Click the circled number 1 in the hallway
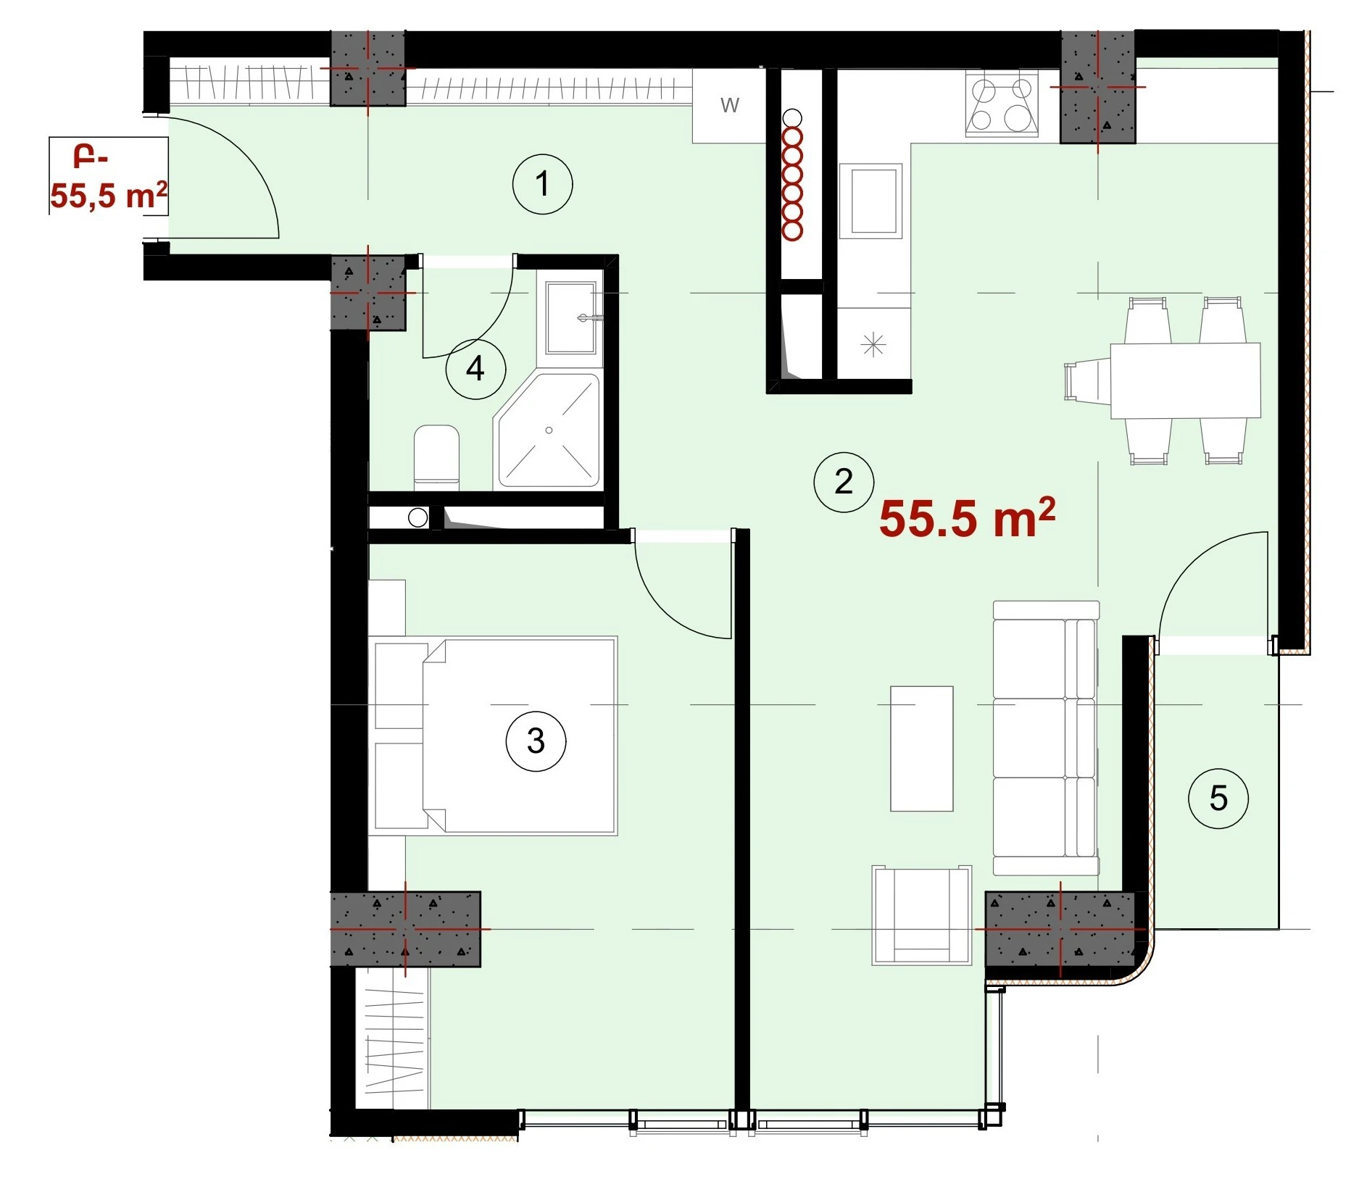[x=542, y=184]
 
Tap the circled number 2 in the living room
[x=844, y=482]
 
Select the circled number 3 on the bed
[x=536, y=741]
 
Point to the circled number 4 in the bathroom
[x=475, y=369]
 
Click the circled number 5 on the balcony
[x=1218, y=799]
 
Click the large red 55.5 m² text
[x=967, y=518]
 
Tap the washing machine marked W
[x=729, y=106]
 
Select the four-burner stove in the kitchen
[x=1002, y=104]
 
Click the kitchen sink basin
[x=871, y=201]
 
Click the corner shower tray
[x=548, y=430]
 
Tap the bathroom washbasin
[x=571, y=317]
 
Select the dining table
[x=1185, y=380]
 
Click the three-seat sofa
[x=1046, y=738]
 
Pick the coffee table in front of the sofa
[x=921, y=748]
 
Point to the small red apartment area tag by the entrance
[x=109, y=177]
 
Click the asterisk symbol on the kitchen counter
[x=873, y=344]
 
